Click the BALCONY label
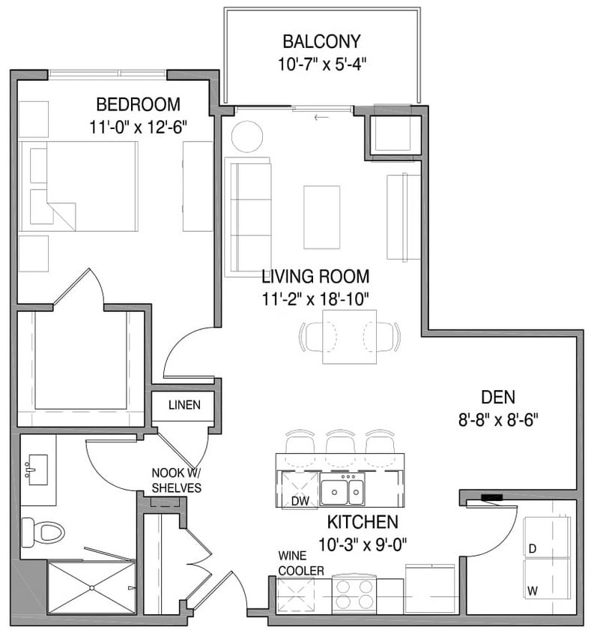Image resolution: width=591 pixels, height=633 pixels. tap(321, 41)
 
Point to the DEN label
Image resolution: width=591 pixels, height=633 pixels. tap(498, 398)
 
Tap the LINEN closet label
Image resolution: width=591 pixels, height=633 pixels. tap(184, 406)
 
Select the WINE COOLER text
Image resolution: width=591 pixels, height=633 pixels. tap(300, 564)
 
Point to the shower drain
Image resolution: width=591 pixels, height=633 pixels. tap(91, 588)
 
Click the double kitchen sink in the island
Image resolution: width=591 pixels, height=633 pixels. tap(343, 491)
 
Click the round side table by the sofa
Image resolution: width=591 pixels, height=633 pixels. tap(246, 137)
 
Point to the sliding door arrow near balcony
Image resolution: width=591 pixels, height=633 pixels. tap(323, 117)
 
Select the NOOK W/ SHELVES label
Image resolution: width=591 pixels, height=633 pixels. tap(176, 480)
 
